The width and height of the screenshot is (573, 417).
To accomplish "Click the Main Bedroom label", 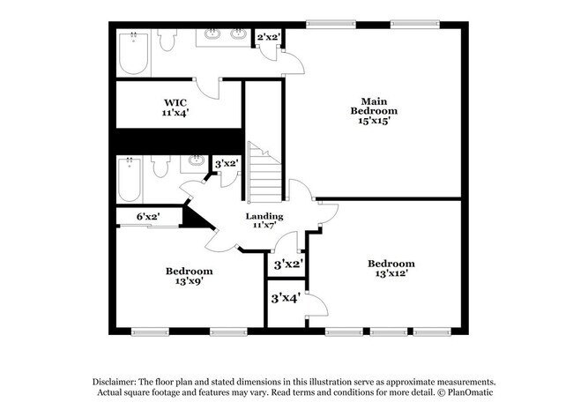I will pos(374,111).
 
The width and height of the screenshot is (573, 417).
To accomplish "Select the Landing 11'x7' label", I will pos(264,221).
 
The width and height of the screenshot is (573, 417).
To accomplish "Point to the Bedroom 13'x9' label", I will pos(189,277).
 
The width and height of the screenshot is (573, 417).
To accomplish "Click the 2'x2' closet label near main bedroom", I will pos(268,37).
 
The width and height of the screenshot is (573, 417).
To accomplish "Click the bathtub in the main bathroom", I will pos(133,54).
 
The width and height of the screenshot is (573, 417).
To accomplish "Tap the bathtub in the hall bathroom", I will pos(131,178).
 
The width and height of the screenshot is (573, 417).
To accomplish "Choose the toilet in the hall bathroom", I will pos(160,166).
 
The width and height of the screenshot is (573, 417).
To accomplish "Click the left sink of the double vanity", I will pos(213,36).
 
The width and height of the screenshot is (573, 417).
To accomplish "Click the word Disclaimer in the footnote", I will pos(117,380).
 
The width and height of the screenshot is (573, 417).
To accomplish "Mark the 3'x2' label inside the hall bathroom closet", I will pos(227,163).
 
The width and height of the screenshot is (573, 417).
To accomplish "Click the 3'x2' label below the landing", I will pos(288,264).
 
